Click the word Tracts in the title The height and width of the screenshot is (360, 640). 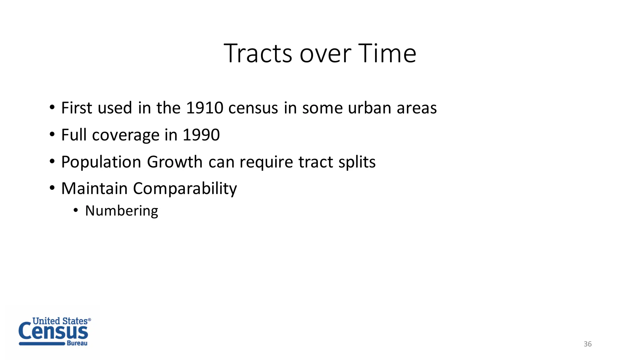click(x=258, y=53)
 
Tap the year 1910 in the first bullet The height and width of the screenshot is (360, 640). click(x=205, y=108)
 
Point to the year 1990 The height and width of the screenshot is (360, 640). click(x=201, y=135)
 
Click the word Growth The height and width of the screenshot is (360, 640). click(x=175, y=162)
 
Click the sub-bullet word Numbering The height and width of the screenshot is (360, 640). click(x=122, y=211)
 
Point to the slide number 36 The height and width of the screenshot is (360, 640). click(x=587, y=344)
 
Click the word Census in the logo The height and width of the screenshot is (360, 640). click(x=53, y=332)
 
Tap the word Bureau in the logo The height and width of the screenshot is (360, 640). click(x=77, y=343)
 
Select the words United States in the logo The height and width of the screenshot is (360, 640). click(x=60, y=321)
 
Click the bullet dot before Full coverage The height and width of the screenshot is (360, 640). click(x=52, y=135)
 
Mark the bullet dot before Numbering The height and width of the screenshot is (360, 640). click(x=76, y=210)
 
